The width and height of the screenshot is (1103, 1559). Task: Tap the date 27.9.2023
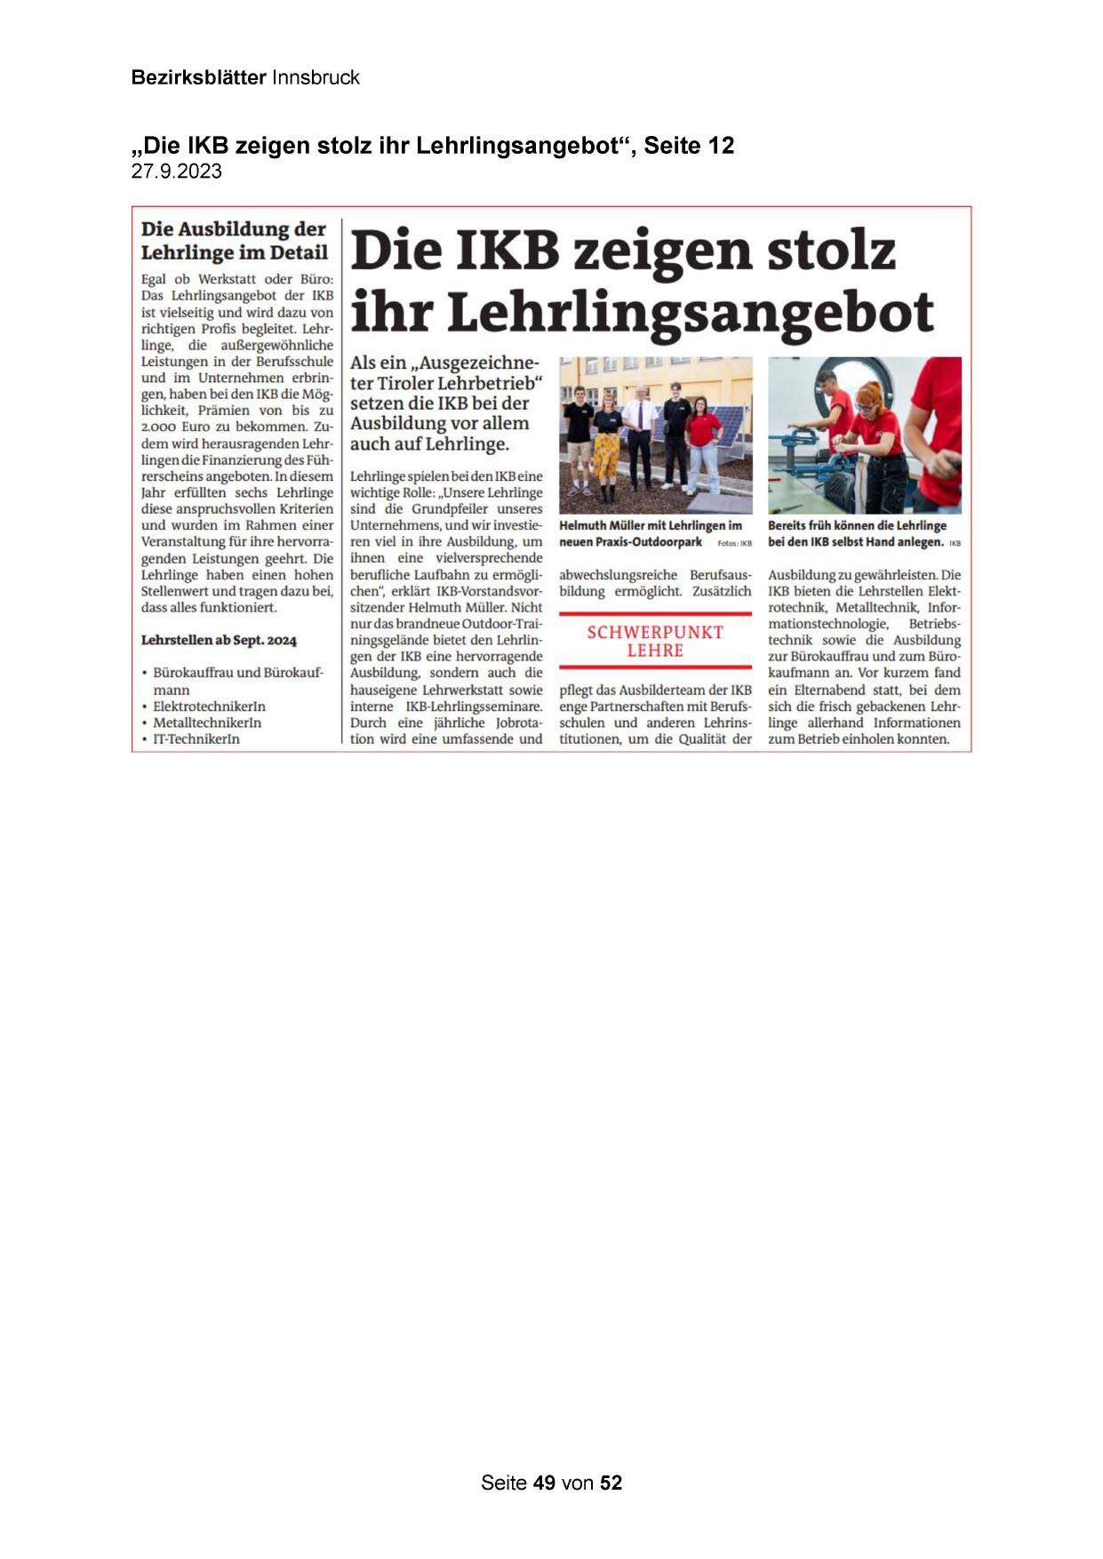pyautogui.click(x=176, y=172)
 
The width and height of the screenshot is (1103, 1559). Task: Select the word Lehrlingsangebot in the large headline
pyautogui.click(x=690, y=313)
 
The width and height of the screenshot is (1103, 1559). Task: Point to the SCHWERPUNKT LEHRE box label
pyautogui.click(x=655, y=641)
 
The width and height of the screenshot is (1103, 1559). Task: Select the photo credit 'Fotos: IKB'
pyautogui.click(x=734, y=543)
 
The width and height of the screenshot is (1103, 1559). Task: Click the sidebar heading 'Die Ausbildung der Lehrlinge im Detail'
pyautogui.click(x=234, y=241)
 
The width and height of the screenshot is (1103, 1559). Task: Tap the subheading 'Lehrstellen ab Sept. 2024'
pyautogui.click(x=219, y=640)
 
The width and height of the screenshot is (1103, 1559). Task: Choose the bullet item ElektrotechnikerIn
pyautogui.click(x=209, y=707)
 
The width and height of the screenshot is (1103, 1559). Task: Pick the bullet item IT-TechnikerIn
pyautogui.click(x=196, y=740)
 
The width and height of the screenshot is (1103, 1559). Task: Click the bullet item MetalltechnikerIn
pyautogui.click(x=207, y=723)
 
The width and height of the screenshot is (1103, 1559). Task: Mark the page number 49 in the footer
pyautogui.click(x=544, y=1483)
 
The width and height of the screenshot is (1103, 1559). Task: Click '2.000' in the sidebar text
pyautogui.click(x=159, y=428)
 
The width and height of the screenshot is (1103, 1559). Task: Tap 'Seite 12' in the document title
pyautogui.click(x=689, y=146)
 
